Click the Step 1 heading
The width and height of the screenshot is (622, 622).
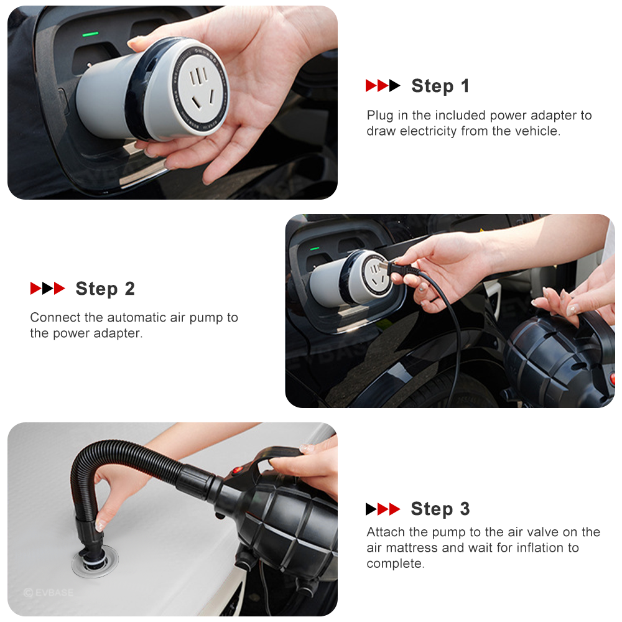[440, 86]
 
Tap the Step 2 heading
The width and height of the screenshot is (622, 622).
[105, 289]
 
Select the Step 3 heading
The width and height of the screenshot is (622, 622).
[440, 509]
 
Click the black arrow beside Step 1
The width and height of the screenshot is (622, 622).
[395, 86]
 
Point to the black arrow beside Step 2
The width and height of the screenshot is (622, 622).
[48, 289]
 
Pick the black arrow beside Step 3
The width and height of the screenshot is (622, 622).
[371, 509]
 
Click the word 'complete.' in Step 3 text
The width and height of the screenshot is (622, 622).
[396, 564]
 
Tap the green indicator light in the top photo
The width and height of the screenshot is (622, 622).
[90, 34]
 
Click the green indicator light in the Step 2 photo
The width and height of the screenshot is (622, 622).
[315, 249]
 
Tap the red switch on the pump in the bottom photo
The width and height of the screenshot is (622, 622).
[237, 471]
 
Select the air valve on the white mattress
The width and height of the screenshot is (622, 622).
[95, 561]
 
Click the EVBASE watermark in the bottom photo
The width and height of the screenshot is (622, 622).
[49, 593]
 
